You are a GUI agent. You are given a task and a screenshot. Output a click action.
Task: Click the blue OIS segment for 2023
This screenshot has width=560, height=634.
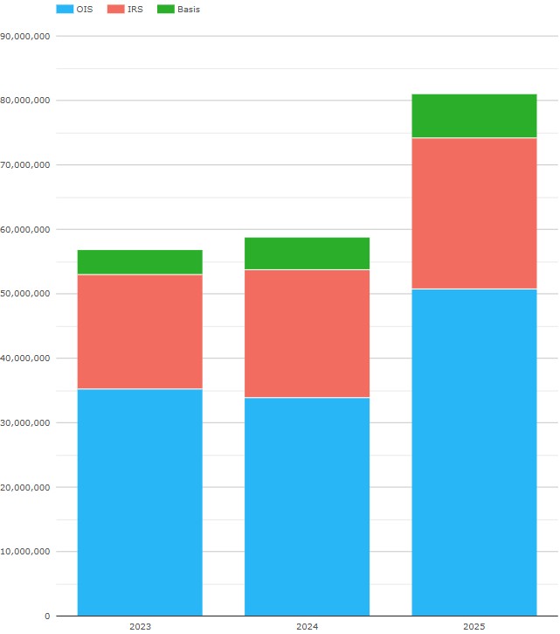coord(140,502)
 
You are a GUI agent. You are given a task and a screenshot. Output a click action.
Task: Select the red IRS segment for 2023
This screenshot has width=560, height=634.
coord(140,331)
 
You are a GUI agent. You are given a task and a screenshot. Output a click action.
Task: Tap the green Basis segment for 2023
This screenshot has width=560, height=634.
coord(140,262)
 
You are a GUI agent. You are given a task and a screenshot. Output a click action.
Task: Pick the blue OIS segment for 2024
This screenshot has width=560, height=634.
coord(307,506)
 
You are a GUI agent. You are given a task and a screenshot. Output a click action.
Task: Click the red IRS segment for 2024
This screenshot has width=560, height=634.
coord(307,333)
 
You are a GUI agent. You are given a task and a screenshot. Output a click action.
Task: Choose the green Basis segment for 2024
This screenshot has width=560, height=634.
coord(307,254)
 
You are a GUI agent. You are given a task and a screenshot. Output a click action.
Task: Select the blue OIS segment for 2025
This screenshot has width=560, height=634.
coord(474,452)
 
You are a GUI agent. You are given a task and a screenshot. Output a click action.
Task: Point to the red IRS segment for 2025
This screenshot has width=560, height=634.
coord(474,213)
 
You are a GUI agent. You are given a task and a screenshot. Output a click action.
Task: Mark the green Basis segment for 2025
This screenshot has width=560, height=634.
coord(474,115)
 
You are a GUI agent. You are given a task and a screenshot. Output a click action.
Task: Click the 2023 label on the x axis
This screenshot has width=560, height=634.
coord(140,627)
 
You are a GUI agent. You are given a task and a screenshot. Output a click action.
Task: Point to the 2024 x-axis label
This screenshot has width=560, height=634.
coord(307,627)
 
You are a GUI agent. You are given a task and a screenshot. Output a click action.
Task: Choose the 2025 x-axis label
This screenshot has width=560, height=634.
coord(474,627)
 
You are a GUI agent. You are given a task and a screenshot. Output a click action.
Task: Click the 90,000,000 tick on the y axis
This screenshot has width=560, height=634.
coord(26,36)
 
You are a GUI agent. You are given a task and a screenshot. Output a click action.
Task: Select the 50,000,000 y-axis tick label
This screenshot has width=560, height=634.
coord(26,294)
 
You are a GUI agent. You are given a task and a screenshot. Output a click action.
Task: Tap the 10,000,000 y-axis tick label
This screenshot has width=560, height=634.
coord(26,552)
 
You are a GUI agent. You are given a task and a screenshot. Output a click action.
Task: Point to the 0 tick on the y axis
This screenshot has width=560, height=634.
coord(47,617)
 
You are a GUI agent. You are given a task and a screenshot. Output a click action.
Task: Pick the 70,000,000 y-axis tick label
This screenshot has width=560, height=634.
coord(26,165)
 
